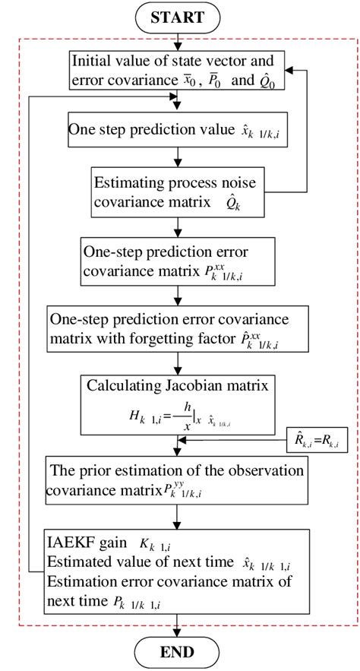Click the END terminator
[178, 651]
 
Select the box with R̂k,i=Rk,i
[315, 439]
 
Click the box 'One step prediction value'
[176, 131]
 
